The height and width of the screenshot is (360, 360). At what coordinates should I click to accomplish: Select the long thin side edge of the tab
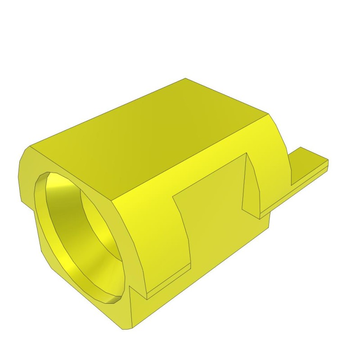(292, 191)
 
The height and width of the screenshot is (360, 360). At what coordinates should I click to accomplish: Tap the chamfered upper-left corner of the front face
(25, 155)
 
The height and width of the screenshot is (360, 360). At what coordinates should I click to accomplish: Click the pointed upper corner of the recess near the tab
(247, 153)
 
